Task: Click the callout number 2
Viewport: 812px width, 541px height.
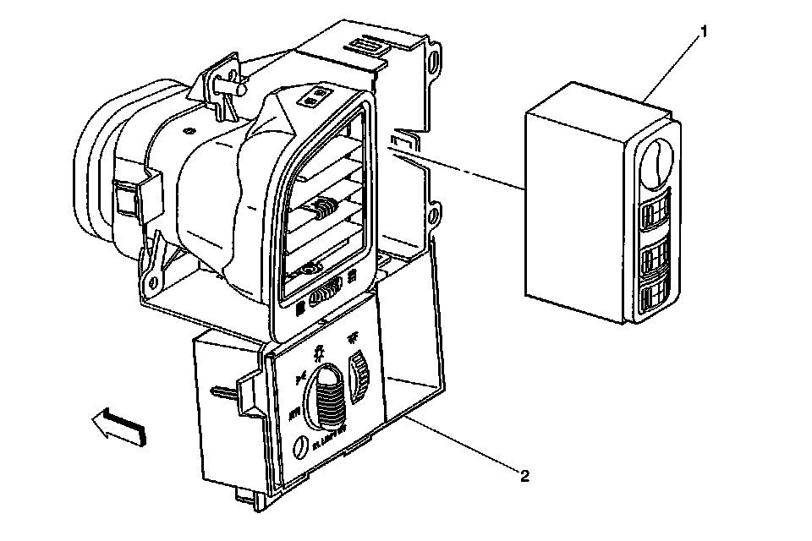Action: [x=524, y=476]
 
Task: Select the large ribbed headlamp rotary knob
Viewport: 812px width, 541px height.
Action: [x=326, y=397]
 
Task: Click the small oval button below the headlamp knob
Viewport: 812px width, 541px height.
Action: [x=298, y=448]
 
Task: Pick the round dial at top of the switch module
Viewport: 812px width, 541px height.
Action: [x=656, y=160]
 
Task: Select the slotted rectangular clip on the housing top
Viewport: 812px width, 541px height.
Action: [x=369, y=45]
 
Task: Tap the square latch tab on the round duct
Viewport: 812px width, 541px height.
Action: [x=124, y=200]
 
